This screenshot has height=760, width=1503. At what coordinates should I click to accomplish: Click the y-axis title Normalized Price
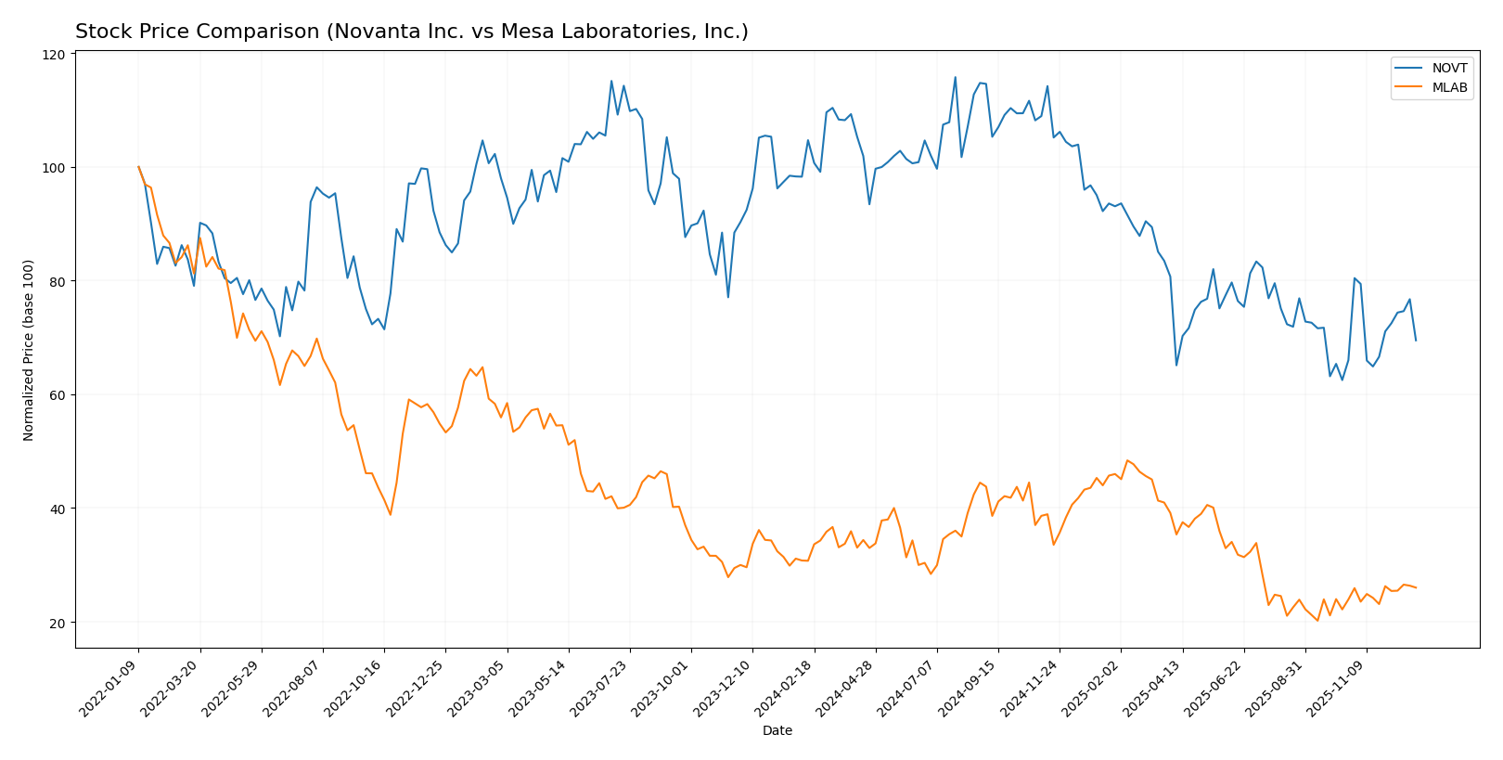point(29,350)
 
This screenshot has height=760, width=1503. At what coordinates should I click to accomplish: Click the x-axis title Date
point(777,731)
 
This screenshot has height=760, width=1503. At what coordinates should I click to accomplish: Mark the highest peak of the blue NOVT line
point(955,78)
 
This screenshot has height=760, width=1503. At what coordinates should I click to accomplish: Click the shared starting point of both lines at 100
point(138,167)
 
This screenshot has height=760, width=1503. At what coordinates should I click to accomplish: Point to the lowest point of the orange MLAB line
point(1317,620)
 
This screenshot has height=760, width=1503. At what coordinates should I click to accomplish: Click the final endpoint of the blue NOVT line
point(1415,341)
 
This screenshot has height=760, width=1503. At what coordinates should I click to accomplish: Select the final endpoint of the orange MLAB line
point(1415,587)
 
